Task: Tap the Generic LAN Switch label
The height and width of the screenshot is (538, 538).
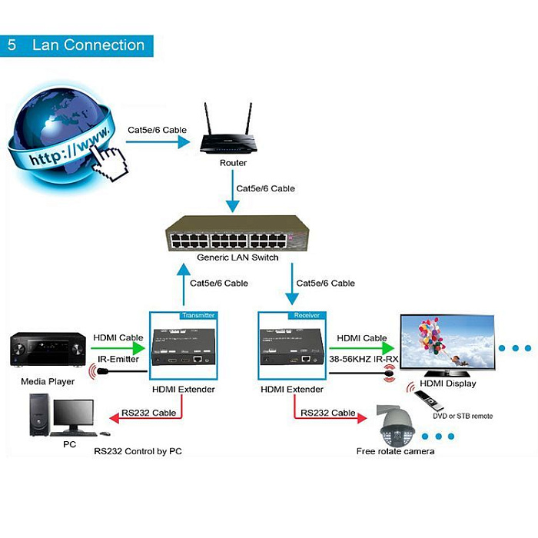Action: coord(237,257)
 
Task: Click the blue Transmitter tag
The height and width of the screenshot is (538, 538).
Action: coord(198,315)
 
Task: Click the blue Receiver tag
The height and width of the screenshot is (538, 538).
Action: coord(307,315)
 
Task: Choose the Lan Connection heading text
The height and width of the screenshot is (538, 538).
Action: coord(88,45)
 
